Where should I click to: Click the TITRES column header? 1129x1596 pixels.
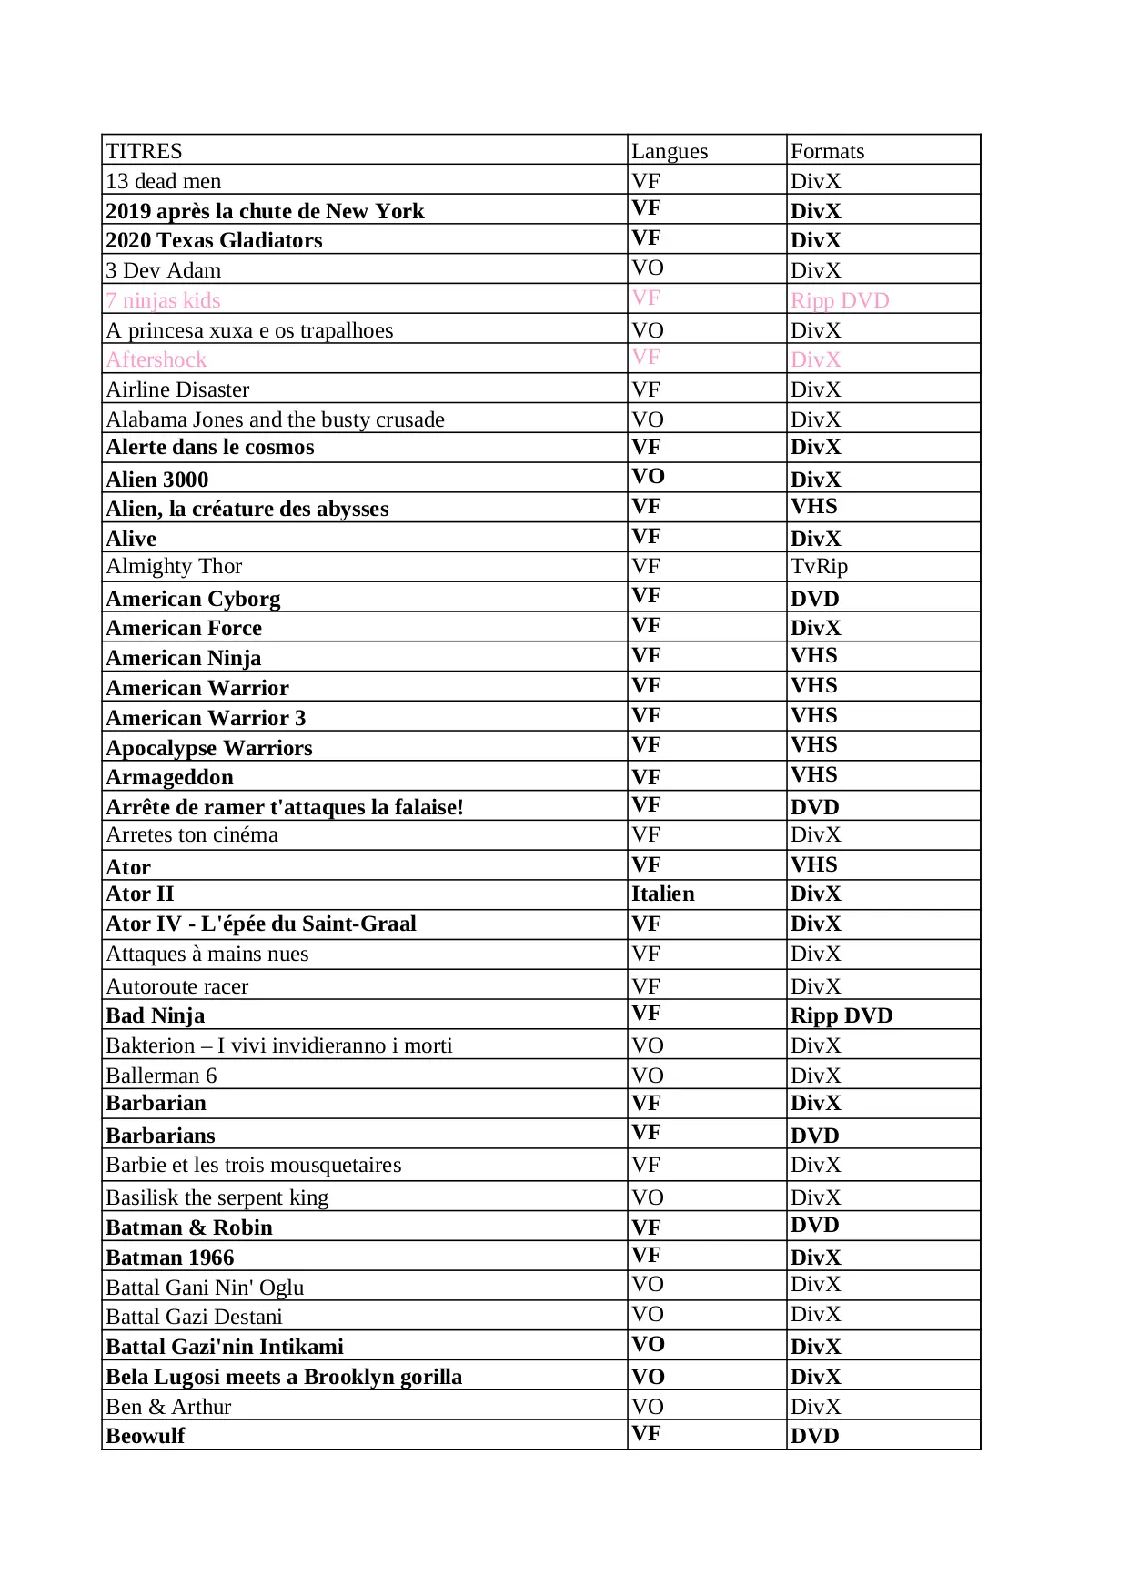click(144, 151)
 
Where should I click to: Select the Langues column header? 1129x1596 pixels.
click(670, 151)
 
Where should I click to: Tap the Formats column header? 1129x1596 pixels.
click(827, 151)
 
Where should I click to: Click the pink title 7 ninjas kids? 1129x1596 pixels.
click(163, 300)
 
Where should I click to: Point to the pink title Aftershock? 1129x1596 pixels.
click(156, 359)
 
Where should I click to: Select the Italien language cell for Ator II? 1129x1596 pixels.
click(662, 894)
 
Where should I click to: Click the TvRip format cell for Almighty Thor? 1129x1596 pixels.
click(819, 566)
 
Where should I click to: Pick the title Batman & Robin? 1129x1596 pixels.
click(189, 1227)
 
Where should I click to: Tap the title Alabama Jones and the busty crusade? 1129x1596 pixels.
click(275, 419)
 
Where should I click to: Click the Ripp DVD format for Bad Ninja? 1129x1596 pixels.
click(842, 1015)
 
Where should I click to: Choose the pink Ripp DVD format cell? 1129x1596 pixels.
click(840, 300)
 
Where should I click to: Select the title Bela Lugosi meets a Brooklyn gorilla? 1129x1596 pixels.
click(284, 1377)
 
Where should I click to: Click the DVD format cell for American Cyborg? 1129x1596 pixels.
click(814, 599)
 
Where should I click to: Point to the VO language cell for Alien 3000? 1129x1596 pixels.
click(648, 477)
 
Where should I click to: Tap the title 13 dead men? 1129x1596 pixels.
click(164, 181)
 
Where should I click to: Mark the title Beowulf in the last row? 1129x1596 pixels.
click(146, 1436)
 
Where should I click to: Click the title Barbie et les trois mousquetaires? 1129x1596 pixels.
click(253, 1165)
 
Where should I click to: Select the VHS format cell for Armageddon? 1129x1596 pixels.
click(813, 774)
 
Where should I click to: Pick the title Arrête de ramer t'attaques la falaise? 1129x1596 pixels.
click(285, 807)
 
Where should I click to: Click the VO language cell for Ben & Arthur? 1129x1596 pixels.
click(648, 1407)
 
